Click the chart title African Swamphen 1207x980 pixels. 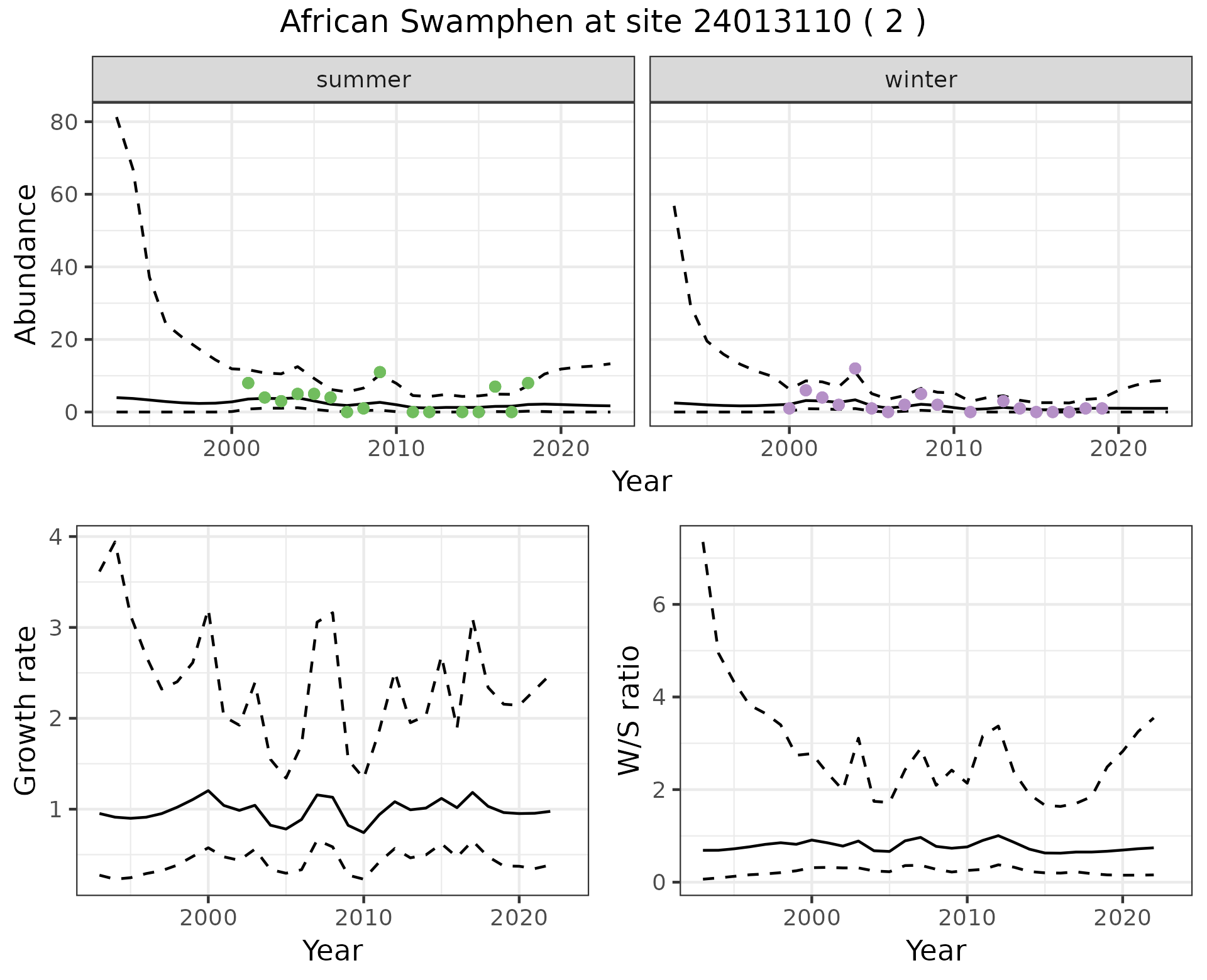coord(602,23)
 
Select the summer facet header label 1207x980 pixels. coord(363,80)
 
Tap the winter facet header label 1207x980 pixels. coord(920,80)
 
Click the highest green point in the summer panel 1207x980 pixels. coord(380,372)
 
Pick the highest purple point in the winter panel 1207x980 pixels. coord(855,368)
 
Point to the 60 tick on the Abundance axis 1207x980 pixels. coord(63,194)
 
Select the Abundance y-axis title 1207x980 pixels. coord(26,264)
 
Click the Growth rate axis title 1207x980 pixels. coord(26,710)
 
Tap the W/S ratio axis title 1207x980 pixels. coord(629,710)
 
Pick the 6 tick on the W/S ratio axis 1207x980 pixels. coord(659,604)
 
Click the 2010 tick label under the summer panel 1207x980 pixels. coord(396,449)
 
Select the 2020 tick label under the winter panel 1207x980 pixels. coord(1118,449)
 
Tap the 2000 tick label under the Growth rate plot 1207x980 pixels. coord(208,918)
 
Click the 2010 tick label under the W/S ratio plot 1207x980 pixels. coord(967,918)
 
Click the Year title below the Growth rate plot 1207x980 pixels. coord(333,950)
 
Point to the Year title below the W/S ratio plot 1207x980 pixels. coord(936,950)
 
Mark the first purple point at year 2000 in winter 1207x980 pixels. coord(790,408)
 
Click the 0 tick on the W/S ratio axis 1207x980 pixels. coord(659,882)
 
